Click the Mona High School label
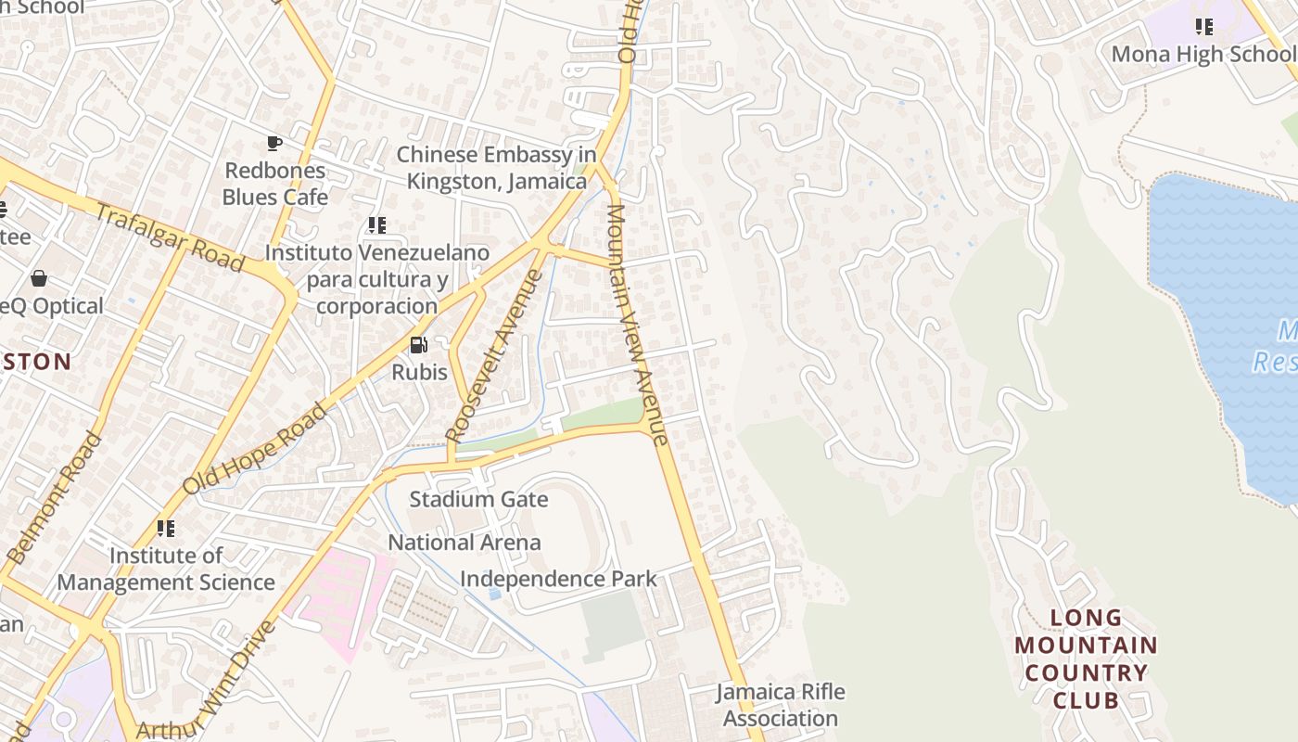click(x=1203, y=54)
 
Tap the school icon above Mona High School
click(x=1203, y=26)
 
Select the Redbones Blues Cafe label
click(x=274, y=184)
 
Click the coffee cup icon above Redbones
click(x=274, y=143)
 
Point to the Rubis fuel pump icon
click(x=419, y=345)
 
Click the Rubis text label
click(x=419, y=373)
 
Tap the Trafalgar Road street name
click(x=170, y=238)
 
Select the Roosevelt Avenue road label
click(x=493, y=355)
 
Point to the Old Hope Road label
click(x=255, y=449)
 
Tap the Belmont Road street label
click(x=54, y=498)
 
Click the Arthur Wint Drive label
click(x=207, y=679)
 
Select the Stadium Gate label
click(x=478, y=500)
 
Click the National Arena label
click(x=464, y=543)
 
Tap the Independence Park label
click(x=558, y=579)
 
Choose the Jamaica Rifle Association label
click(x=780, y=705)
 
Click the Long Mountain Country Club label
click(x=1086, y=659)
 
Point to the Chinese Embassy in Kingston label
click(x=497, y=168)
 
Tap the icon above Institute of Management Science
click(x=166, y=529)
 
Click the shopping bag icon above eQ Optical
click(x=39, y=278)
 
